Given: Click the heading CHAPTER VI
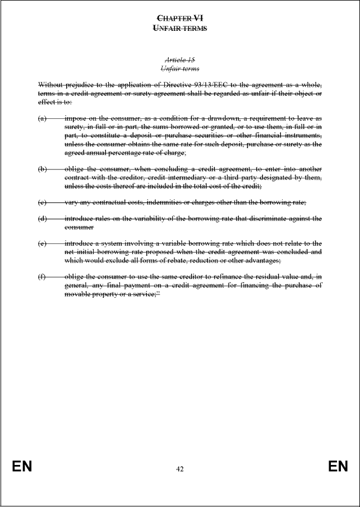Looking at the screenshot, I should pyautogui.click(x=179, y=18).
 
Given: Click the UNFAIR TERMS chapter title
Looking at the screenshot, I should pyautogui.click(x=179, y=28).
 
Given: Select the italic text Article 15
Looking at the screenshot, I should pyautogui.click(x=179, y=59).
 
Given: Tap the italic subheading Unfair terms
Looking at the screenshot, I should pyautogui.click(x=179, y=68).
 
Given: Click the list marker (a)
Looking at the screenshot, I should pyautogui.click(x=42, y=119).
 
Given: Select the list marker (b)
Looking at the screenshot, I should pyautogui.click(x=42, y=169).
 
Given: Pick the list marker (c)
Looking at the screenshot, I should pyautogui.click(x=42, y=202).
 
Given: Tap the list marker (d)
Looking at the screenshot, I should pyautogui.click(x=42, y=218).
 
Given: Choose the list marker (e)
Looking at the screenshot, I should pyautogui.click(x=42, y=243).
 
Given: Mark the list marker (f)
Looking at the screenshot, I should pyautogui.click(x=42, y=277).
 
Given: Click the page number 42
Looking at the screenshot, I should pyautogui.click(x=179, y=468).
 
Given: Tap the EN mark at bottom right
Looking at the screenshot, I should pyautogui.click(x=338, y=467).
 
